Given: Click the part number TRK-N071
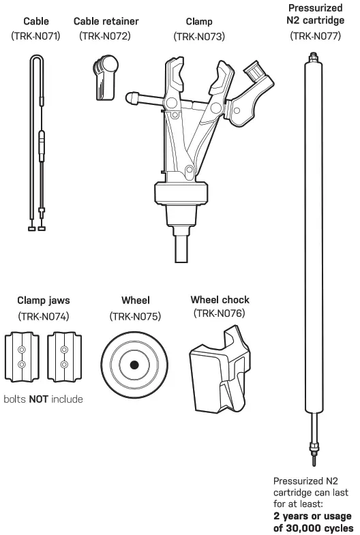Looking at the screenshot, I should (x=36, y=36).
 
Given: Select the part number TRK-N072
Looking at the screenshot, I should (x=105, y=36).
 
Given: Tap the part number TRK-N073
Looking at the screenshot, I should (x=199, y=36).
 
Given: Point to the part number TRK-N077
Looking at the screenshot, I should (x=316, y=36).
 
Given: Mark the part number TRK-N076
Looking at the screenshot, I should (x=220, y=314).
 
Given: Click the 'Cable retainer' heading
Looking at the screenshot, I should (x=105, y=21).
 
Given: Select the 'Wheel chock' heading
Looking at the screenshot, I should (x=220, y=299).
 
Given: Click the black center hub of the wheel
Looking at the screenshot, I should (x=134, y=365).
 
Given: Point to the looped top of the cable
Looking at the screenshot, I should (x=37, y=60).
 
